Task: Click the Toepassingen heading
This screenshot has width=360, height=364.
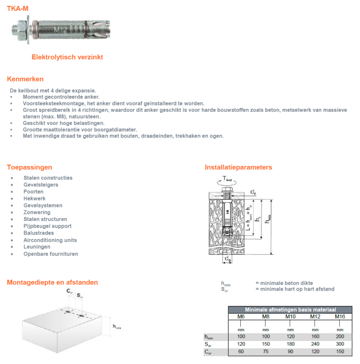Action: (x=29, y=167)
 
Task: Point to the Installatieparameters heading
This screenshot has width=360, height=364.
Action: (x=238, y=167)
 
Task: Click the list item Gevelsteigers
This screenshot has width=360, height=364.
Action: (x=41, y=185)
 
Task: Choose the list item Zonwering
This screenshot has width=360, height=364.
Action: (x=37, y=212)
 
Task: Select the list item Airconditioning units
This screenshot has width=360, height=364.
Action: (x=50, y=240)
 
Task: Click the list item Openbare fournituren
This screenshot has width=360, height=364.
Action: (x=51, y=254)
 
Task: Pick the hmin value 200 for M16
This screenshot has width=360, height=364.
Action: (x=340, y=337)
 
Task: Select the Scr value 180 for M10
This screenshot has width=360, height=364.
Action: (x=290, y=344)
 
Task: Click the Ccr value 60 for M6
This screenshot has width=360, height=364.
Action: (x=241, y=351)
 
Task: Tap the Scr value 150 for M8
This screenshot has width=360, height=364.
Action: (x=265, y=344)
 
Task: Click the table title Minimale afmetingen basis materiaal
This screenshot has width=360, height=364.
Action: (x=290, y=310)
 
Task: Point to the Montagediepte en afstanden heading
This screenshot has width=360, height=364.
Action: (x=52, y=282)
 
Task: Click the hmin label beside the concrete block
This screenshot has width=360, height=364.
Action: (x=117, y=327)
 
